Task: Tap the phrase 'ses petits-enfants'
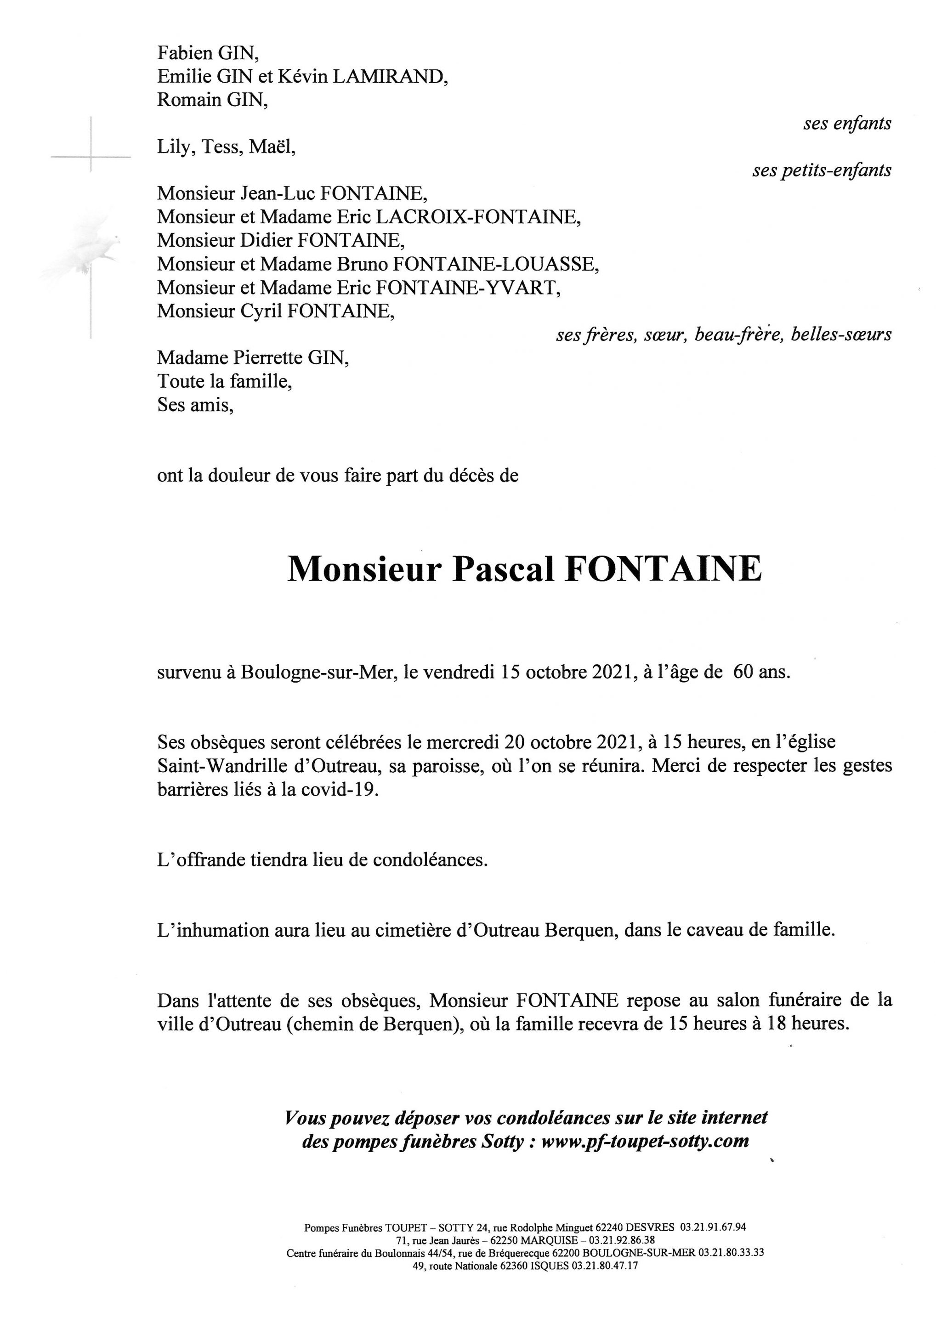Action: (x=821, y=170)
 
